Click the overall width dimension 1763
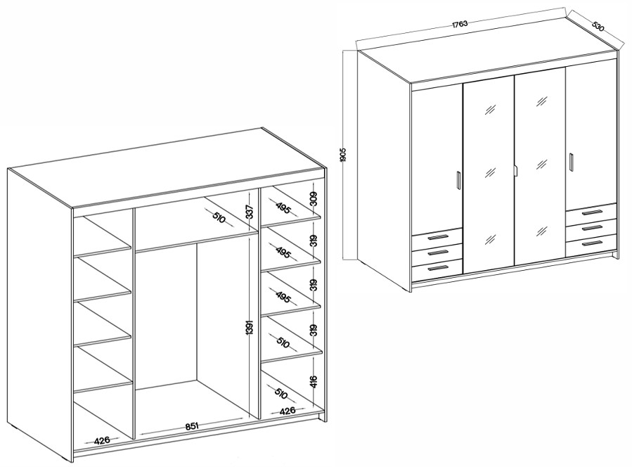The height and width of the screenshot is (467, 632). pos(459,24)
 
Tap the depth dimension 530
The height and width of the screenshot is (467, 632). pos(598,26)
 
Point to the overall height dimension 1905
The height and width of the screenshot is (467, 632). pos(343,155)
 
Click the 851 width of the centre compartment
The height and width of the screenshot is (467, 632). pos(192,426)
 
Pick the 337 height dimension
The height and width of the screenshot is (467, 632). pos(250,212)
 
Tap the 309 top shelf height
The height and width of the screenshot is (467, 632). pos(314,200)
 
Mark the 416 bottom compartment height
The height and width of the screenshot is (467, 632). pos(314,381)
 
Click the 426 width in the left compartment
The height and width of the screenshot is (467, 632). pos(102,440)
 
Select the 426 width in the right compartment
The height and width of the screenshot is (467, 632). pos(288,411)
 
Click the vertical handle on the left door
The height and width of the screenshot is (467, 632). pos(458,179)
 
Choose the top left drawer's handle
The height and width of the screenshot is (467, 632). pos(438,237)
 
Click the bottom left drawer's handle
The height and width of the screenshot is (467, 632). pos(438,267)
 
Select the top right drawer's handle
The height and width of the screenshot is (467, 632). pos(592,212)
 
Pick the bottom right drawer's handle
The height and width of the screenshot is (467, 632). pos(592,243)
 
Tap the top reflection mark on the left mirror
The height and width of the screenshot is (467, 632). pos(491,109)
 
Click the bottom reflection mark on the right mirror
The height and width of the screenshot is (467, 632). pos(542,231)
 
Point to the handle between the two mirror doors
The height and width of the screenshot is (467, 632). pos(515,171)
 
